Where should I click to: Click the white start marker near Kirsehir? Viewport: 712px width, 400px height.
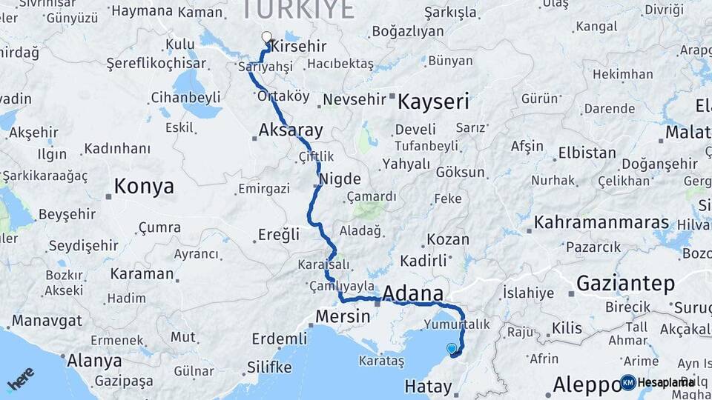[267, 36]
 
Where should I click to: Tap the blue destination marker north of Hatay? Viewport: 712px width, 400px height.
[452, 347]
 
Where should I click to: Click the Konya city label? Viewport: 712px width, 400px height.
[144, 186]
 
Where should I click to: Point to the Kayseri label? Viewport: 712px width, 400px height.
[434, 101]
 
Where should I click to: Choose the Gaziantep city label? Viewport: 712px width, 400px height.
[625, 284]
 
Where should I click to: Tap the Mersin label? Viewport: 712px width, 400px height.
[343, 316]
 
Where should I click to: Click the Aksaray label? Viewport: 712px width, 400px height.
[291, 131]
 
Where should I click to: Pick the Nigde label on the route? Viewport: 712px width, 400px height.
[340, 179]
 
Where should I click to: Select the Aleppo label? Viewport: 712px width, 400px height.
[586, 384]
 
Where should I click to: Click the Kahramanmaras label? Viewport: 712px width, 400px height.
[601, 222]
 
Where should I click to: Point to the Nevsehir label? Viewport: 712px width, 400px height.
[355, 99]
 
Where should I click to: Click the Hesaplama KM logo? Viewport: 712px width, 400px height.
[656, 382]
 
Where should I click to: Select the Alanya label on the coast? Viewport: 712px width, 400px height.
[94, 361]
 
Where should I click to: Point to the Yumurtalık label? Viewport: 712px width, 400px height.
[457, 324]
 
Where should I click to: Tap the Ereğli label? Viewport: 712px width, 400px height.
[279, 235]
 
